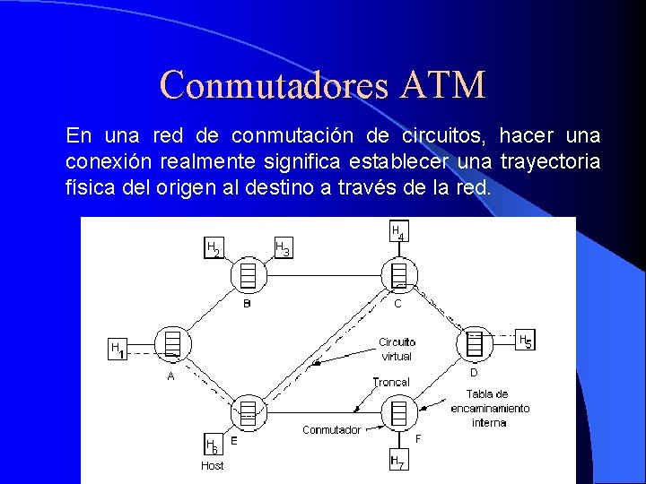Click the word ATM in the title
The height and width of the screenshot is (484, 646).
click(x=444, y=85)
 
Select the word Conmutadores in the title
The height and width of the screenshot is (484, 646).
click(x=275, y=85)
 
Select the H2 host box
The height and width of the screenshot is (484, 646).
click(x=214, y=248)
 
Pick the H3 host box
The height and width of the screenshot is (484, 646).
click(x=282, y=248)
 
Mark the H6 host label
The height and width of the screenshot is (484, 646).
click(x=212, y=445)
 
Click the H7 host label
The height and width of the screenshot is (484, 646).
click(x=397, y=462)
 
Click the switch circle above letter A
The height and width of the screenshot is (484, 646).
click(x=171, y=342)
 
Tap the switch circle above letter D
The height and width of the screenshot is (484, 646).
click(x=474, y=342)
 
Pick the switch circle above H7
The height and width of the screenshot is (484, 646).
click(x=397, y=413)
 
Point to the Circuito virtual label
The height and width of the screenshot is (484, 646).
click(x=397, y=349)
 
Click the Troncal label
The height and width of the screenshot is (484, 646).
click(x=390, y=383)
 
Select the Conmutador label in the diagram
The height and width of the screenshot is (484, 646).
click(x=331, y=430)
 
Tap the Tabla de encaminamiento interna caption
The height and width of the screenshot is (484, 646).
click(x=489, y=408)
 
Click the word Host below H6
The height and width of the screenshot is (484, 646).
click(x=213, y=466)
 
